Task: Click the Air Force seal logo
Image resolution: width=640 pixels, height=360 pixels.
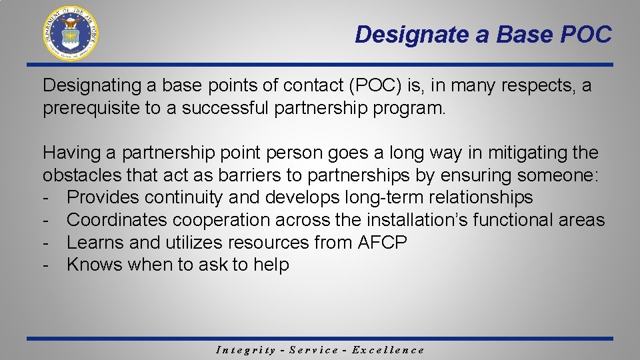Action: tap(71, 33)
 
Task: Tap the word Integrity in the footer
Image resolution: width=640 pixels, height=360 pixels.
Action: tap(246, 350)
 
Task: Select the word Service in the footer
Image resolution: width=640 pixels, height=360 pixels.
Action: tap(314, 350)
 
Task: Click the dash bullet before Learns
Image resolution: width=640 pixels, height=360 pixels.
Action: tap(47, 243)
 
